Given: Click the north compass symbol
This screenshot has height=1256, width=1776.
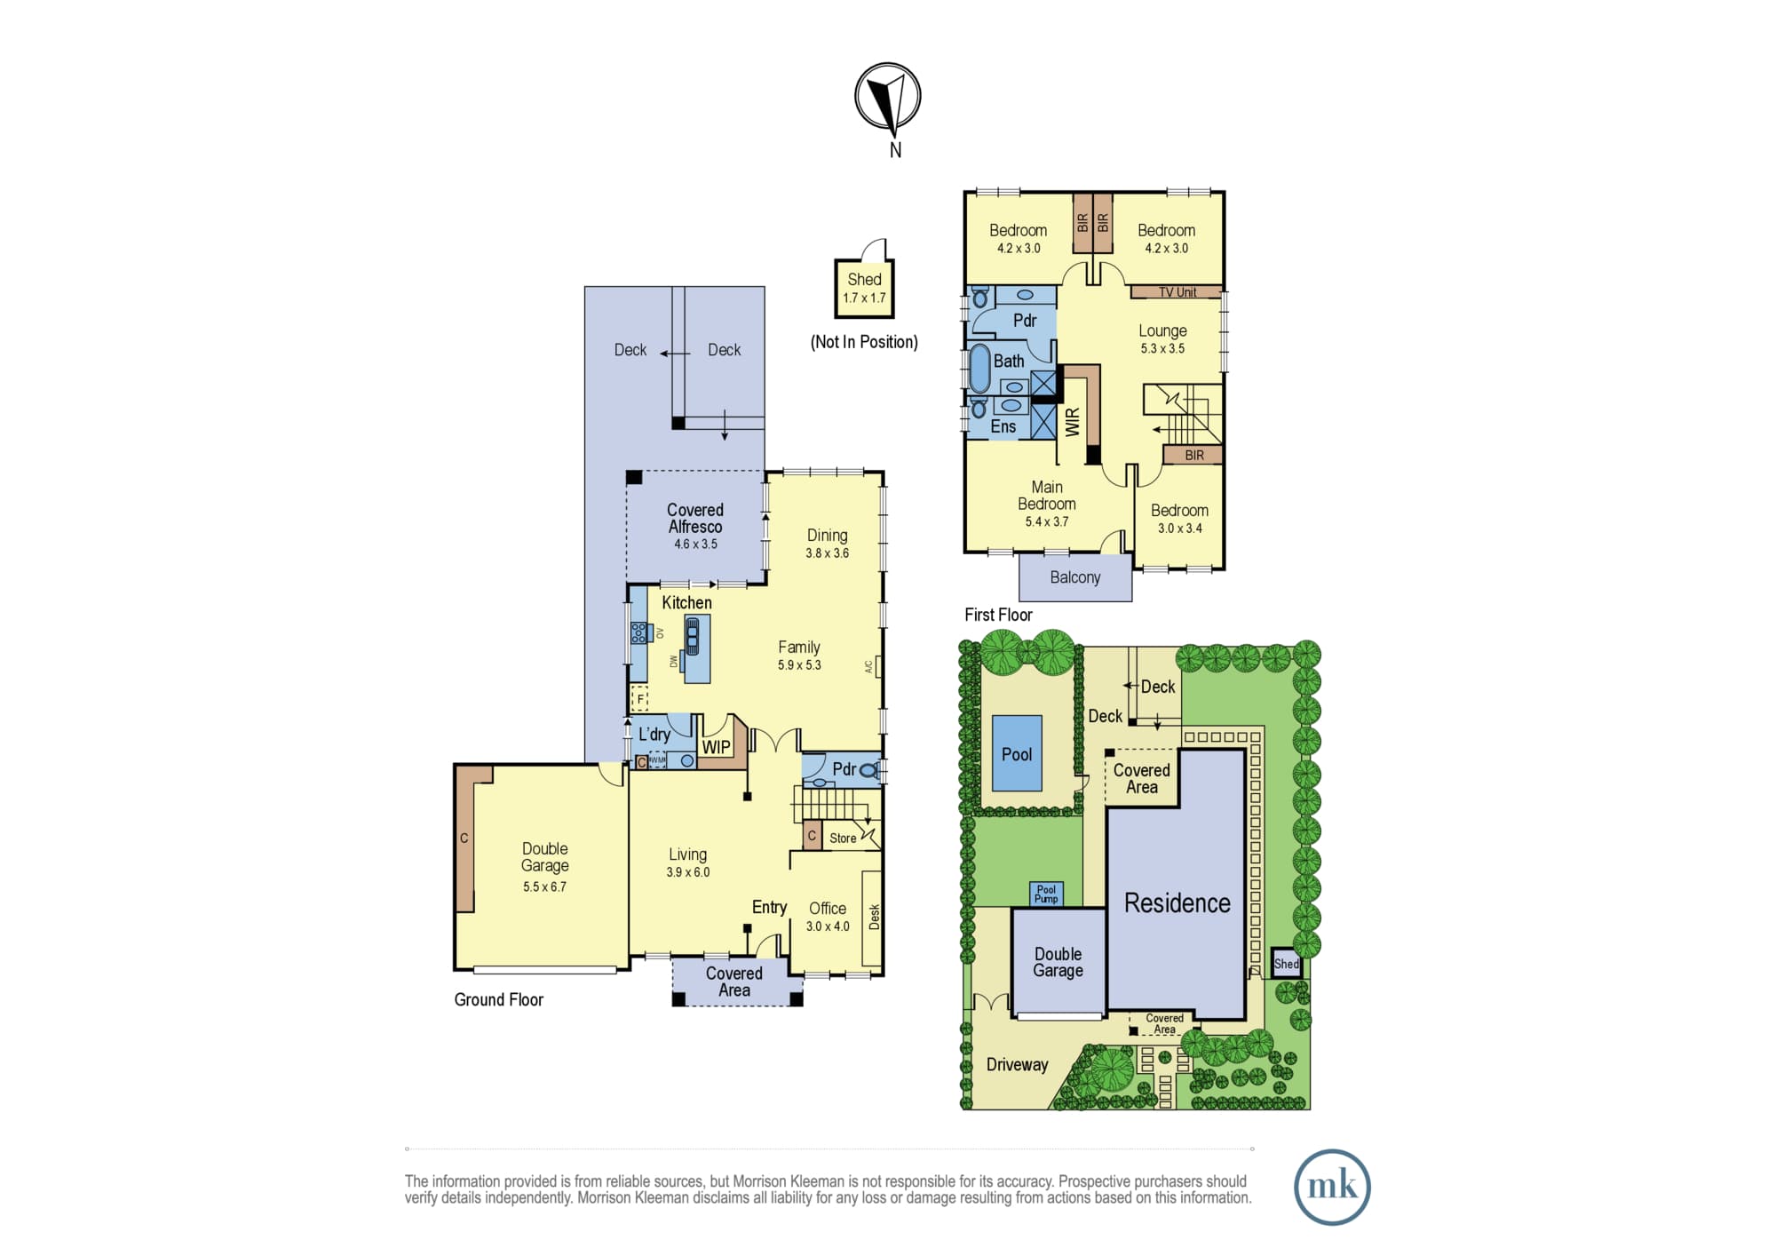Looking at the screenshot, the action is coord(887,96).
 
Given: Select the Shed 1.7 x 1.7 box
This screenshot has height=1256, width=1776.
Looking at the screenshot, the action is coord(864,289).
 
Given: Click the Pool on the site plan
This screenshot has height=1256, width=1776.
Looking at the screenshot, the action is coord(1017,753).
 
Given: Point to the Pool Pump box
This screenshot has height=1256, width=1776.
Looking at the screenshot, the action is coord(1046,894).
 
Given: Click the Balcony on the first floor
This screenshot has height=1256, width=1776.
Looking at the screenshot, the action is coord(1075,577).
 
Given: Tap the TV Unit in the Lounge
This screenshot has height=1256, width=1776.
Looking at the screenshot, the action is coord(1177,292).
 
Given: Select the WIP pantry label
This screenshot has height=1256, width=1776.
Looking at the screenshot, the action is coord(717,748).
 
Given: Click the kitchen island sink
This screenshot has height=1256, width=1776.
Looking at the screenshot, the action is coord(692,636).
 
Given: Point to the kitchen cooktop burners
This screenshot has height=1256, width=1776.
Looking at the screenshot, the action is coord(638,632).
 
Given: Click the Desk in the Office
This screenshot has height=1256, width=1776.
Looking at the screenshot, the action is coord(872,918).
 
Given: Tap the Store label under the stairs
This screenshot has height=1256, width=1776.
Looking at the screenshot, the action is coord(843,838).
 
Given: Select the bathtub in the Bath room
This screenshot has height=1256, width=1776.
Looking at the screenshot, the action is coord(979,368).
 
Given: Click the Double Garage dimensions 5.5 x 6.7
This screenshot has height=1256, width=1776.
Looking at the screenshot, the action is coord(544,886).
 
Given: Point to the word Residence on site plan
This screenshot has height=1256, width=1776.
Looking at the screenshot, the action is coord(1177,902).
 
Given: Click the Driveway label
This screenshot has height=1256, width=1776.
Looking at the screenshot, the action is coord(1017,1064).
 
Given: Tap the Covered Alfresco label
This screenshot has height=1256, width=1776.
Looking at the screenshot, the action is coord(695,518).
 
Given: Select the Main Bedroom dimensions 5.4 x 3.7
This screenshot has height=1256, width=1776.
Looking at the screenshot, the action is coord(1047,521).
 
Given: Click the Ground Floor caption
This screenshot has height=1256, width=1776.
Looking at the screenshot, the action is coord(498,999).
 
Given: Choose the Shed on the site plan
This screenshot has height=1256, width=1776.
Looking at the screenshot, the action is coord(1287,964).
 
